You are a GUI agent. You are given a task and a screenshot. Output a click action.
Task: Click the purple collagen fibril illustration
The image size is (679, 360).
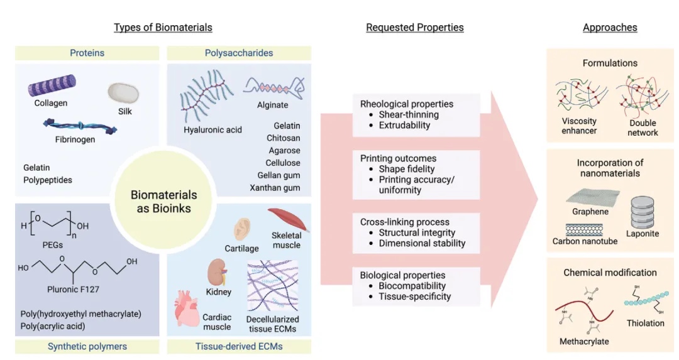pos(52,85)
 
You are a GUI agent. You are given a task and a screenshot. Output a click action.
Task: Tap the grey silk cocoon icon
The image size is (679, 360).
pos(122,93)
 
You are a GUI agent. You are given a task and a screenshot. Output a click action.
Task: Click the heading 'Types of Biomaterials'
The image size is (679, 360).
pos(163,28)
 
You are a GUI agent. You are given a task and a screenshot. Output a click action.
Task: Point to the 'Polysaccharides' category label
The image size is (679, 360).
pos(239,53)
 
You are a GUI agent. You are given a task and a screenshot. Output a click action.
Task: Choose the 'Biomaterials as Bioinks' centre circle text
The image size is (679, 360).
pos(163,202)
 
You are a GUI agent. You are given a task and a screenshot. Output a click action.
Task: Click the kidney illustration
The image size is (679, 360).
pos(217,272)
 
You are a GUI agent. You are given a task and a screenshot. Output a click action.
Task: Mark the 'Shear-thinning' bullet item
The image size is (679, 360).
pos(409,114)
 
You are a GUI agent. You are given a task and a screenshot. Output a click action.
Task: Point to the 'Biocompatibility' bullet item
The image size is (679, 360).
pos(412,286)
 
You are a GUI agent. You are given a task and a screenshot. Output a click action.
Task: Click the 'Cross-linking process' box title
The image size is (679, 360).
pos(404,222)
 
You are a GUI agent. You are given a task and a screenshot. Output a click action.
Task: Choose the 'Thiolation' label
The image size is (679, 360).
pos(645,323)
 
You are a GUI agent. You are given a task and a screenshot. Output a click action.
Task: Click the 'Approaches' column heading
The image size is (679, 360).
pos(610,28)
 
